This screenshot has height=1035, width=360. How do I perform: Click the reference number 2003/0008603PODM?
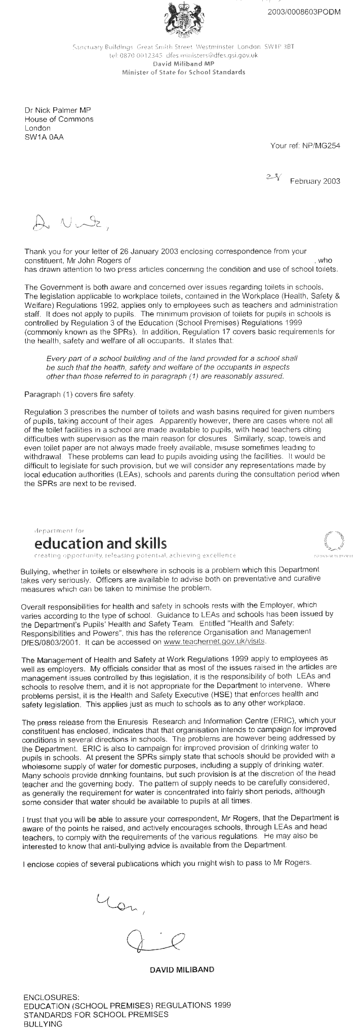[x=304, y=12]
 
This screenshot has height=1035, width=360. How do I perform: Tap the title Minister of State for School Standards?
[x=183, y=72]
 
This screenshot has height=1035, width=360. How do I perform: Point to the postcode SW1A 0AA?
[x=44, y=137]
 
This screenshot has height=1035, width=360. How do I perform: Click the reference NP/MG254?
[x=321, y=146]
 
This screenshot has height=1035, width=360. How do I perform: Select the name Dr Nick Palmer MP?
[x=58, y=110]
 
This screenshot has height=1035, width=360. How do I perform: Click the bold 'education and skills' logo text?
[x=100, y=543]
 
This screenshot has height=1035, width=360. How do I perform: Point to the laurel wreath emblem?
[x=333, y=540]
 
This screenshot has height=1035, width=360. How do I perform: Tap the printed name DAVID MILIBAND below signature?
[x=182, y=970]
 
